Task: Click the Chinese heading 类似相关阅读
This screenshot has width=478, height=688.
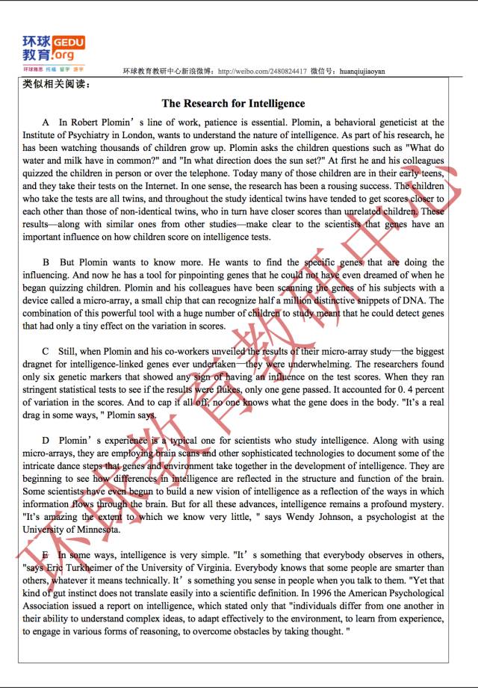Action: (57, 84)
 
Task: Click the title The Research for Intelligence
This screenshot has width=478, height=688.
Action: (233, 104)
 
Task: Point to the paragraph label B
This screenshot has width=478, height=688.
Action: (46, 263)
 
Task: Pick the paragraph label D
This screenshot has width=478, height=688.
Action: (46, 441)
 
